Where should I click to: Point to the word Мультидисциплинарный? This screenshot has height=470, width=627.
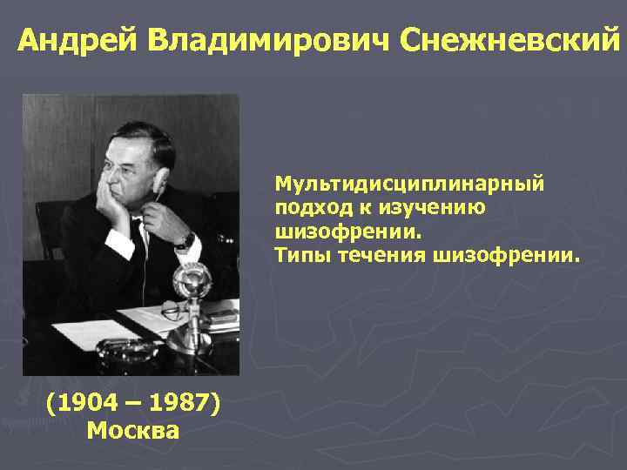click(x=408, y=185)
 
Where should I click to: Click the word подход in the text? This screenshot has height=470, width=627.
click(x=305, y=209)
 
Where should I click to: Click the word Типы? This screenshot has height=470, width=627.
click(x=300, y=257)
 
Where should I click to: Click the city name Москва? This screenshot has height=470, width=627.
click(x=133, y=430)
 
